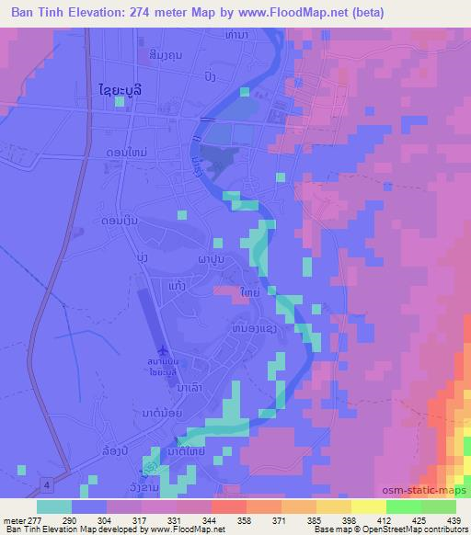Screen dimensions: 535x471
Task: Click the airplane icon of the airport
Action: (x=164, y=351)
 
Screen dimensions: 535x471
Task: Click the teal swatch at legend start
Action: (x=54, y=507)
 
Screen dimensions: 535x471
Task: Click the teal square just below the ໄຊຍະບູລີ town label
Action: (x=121, y=102)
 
